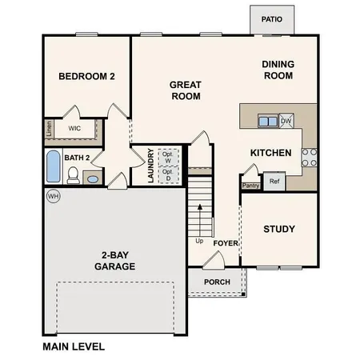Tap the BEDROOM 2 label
[x=87, y=77]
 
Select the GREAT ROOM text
[x=185, y=90]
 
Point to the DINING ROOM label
[x=278, y=70]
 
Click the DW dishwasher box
[x=286, y=121]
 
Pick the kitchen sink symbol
[x=267, y=121]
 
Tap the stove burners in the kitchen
[x=309, y=156]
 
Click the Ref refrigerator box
[x=274, y=182]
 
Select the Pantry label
[x=250, y=186]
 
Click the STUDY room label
[x=279, y=230]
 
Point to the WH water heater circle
[x=54, y=196]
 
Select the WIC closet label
[x=74, y=128]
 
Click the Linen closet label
[x=48, y=128]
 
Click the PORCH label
[x=217, y=282]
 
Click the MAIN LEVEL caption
[x=74, y=347]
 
